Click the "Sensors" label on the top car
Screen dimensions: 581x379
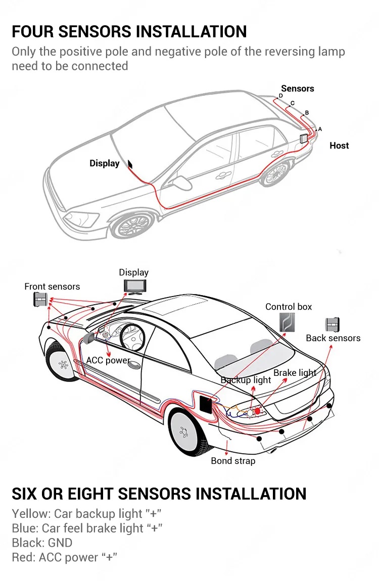click(x=297, y=88)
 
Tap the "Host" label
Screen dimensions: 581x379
click(x=339, y=146)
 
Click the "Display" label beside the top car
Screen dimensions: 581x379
click(x=104, y=163)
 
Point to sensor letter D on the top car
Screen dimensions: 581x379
click(x=281, y=95)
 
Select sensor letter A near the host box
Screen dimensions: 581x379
click(x=320, y=129)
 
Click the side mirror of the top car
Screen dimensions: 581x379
click(x=179, y=181)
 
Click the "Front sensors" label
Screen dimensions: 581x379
click(x=52, y=286)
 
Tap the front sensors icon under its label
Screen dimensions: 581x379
click(x=40, y=300)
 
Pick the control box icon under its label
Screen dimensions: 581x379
click(x=288, y=322)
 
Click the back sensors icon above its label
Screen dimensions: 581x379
click(x=333, y=324)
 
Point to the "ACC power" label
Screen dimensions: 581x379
click(x=108, y=360)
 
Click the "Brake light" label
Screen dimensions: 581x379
click(x=295, y=373)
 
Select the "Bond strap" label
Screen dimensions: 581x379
click(x=233, y=461)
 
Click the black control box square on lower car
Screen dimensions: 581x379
click(x=207, y=404)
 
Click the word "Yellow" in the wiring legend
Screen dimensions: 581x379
click(x=30, y=514)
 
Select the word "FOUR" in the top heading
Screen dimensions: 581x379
click(x=33, y=31)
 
